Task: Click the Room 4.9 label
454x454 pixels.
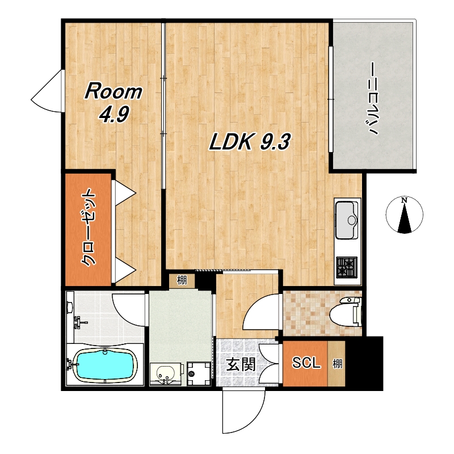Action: pyautogui.click(x=113, y=103)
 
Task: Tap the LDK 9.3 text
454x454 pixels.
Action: pyautogui.click(x=249, y=142)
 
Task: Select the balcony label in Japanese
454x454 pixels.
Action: pyautogui.click(x=372, y=99)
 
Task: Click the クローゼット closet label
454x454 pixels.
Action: pyautogui.click(x=88, y=228)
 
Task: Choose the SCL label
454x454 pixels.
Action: pyautogui.click(x=306, y=362)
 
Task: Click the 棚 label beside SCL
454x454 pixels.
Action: pyautogui.click(x=337, y=364)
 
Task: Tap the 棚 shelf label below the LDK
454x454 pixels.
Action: pyautogui.click(x=182, y=280)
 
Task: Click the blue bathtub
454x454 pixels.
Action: pyautogui.click(x=105, y=364)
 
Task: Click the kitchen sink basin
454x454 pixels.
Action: pyautogui.click(x=347, y=220)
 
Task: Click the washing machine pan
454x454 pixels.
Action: pyautogui.click(x=199, y=373)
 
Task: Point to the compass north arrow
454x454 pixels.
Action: pyautogui.click(x=405, y=218)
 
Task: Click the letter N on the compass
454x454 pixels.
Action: pyautogui.click(x=404, y=200)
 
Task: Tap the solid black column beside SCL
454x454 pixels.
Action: pyautogui.click(x=364, y=363)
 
